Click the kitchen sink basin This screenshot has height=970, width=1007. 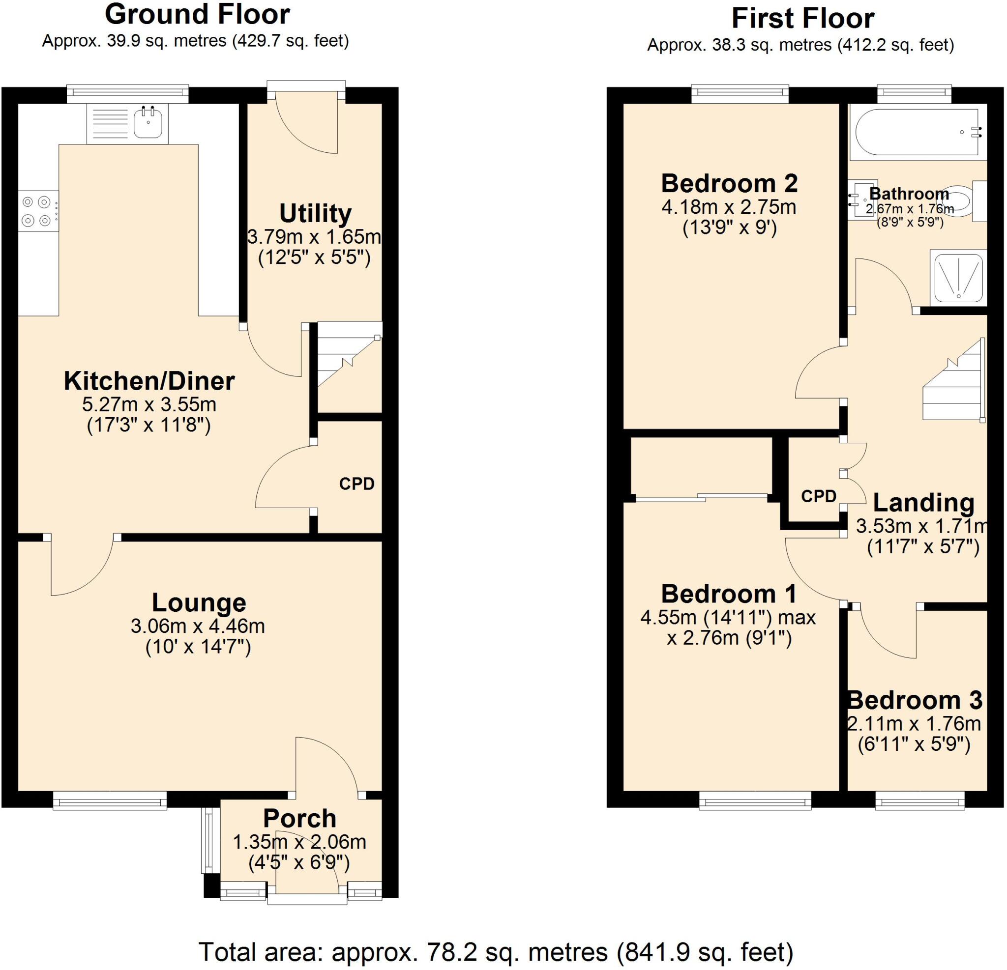(x=148, y=123)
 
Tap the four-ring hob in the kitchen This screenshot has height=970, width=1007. (x=37, y=211)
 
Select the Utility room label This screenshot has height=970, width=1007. (x=315, y=214)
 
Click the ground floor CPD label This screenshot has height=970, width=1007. (x=356, y=484)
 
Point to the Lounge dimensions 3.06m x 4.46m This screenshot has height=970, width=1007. (x=198, y=626)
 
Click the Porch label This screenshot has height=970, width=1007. (x=299, y=819)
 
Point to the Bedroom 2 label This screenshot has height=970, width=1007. (x=729, y=183)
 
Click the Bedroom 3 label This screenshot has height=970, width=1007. (x=915, y=700)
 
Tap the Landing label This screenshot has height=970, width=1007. (x=924, y=503)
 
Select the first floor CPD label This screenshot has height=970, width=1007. (x=819, y=496)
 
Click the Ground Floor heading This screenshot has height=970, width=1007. (x=197, y=14)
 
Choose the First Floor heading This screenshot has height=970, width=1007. (x=802, y=19)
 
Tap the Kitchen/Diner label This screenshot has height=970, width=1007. (x=149, y=381)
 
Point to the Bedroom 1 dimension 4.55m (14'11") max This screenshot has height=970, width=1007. (x=728, y=617)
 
